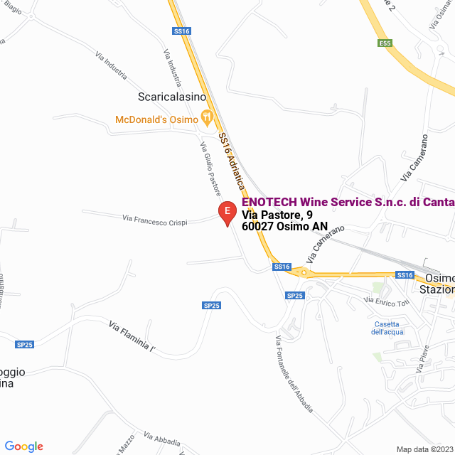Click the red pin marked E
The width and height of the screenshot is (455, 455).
click(x=227, y=213)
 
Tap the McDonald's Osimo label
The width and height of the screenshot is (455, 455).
click(x=156, y=119)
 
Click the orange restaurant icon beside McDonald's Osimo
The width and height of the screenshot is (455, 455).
click(x=207, y=117)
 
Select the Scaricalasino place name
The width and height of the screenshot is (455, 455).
click(x=171, y=97)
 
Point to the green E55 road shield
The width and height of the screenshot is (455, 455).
click(x=385, y=43)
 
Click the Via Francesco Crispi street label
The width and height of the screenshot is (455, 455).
click(x=155, y=220)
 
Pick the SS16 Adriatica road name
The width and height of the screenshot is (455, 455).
click(x=232, y=161)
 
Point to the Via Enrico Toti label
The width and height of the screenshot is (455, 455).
click(x=388, y=302)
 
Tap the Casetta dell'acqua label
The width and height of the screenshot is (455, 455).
click(x=387, y=328)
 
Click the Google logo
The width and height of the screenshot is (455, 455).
click(x=23, y=446)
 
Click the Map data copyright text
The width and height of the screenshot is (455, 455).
click(x=424, y=449)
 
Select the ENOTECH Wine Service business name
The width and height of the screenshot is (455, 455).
click(x=348, y=203)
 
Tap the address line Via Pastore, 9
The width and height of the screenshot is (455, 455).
click(x=277, y=215)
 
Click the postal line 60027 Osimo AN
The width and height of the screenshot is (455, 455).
click(x=285, y=227)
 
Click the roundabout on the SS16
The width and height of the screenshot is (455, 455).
click(x=304, y=272)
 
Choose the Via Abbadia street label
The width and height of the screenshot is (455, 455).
click(x=162, y=439)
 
